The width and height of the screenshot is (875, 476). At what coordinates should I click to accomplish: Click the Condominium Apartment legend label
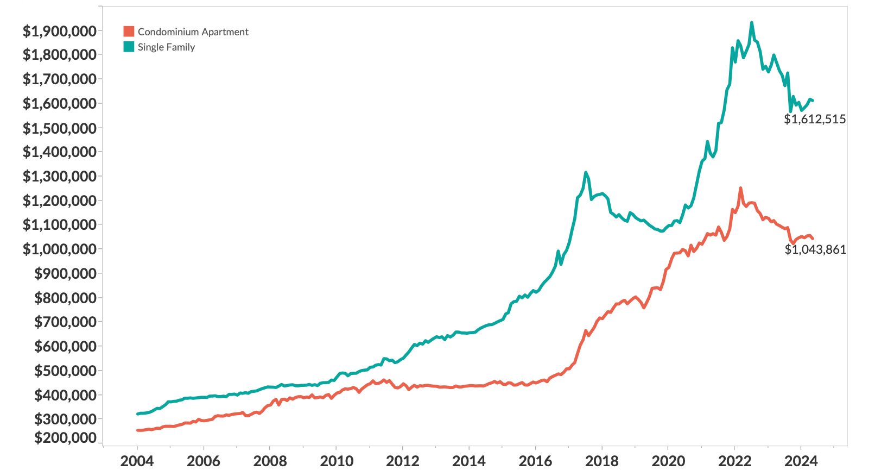pos(193,32)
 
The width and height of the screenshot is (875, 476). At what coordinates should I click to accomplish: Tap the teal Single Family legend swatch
pos(129,47)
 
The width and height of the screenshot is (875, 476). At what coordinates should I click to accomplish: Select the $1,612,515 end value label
pos(814,119)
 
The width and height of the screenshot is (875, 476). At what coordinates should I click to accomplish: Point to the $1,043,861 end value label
pos(815,249)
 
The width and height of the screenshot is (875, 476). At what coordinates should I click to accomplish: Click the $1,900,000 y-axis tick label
pos(59,31)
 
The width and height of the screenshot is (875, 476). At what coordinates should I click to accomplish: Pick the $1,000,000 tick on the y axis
pos(59,249)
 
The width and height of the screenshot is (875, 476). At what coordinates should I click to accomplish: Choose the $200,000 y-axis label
pos(65,437)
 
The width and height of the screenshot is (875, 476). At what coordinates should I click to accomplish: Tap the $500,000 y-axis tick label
pos(65,371)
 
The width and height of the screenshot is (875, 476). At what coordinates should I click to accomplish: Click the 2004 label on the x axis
pos(137,461)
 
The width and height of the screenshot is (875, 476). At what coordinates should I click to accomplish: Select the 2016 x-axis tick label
pos(535,461)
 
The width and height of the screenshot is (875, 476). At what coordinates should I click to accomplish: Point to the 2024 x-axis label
pos(801,461)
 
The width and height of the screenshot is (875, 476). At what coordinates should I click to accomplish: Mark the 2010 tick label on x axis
pos(336,461)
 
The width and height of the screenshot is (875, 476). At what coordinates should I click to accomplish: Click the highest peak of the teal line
pos(752,23)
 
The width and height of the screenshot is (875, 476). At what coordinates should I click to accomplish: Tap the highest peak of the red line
pos(740,188)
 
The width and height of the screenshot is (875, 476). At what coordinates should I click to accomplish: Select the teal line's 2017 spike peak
pos(586,172)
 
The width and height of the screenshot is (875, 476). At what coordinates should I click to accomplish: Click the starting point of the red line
pos(137,430)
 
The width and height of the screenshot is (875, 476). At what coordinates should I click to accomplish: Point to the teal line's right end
pos(813,101)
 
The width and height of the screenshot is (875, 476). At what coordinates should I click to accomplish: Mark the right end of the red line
pos(813,239)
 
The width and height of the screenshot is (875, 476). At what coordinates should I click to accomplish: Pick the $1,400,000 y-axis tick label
pos(59,152)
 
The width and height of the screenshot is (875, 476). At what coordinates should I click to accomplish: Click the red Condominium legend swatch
pos(129,32)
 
